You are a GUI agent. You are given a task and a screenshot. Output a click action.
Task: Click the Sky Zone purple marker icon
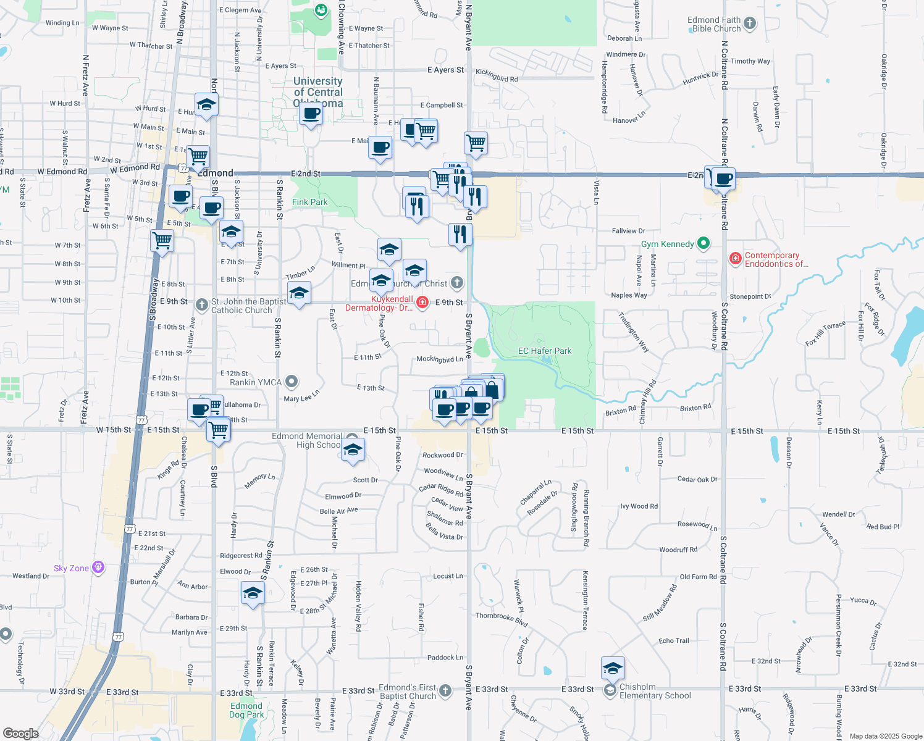pyautogui.click(x=98, y=567)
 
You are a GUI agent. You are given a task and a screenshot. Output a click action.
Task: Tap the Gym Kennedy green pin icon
pyautogui.click(x=703, y=243)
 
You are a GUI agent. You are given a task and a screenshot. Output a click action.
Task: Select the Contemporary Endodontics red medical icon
pyautogui.click(x=735, y=258)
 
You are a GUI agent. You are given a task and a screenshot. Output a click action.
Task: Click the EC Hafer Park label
pyautogui.click(x=544, y=351)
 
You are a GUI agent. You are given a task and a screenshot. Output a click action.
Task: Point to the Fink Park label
pyautogui.click(x=309, y=202)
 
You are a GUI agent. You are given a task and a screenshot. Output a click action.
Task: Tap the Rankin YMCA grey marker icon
pyautogui.click(x=292, y=382)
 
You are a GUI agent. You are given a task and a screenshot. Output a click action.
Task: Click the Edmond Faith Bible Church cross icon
pyautogui.click(x=750, y=23)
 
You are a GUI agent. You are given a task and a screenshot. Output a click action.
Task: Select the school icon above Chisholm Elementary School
pyautogui.click(x=613, y=668)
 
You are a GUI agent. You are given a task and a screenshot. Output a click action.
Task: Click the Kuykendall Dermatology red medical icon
pyautogui.click(x=422, y=302)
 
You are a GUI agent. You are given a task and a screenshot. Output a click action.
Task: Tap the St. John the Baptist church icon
pyautogui.click(x=201, y=304)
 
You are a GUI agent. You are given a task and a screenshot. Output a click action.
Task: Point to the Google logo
pyautogui.click(x=20, y=734)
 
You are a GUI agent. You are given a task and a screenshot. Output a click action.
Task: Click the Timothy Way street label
pyautogui.click(x=750, y=61)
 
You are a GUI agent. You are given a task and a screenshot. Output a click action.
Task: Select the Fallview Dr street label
pyautogui.click(x=628, y=231)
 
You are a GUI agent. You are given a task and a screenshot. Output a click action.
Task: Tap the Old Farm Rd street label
pyautogui.click(x=698, y=577)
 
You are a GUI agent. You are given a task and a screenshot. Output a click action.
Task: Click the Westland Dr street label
pyautogui.click(x=31, y=576)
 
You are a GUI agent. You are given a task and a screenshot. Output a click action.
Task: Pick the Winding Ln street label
pyautogui.click(x=62, y=23)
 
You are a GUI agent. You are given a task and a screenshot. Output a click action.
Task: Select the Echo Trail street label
pyautogui.click(x=673, y=640)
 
